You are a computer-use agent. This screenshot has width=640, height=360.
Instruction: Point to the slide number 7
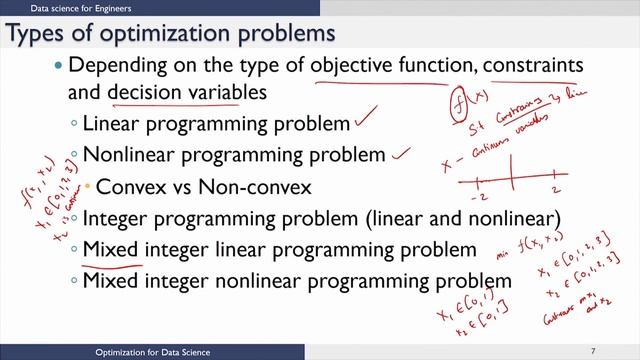(593, 352)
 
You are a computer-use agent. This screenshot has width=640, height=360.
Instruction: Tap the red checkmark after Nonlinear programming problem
(401, 153)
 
